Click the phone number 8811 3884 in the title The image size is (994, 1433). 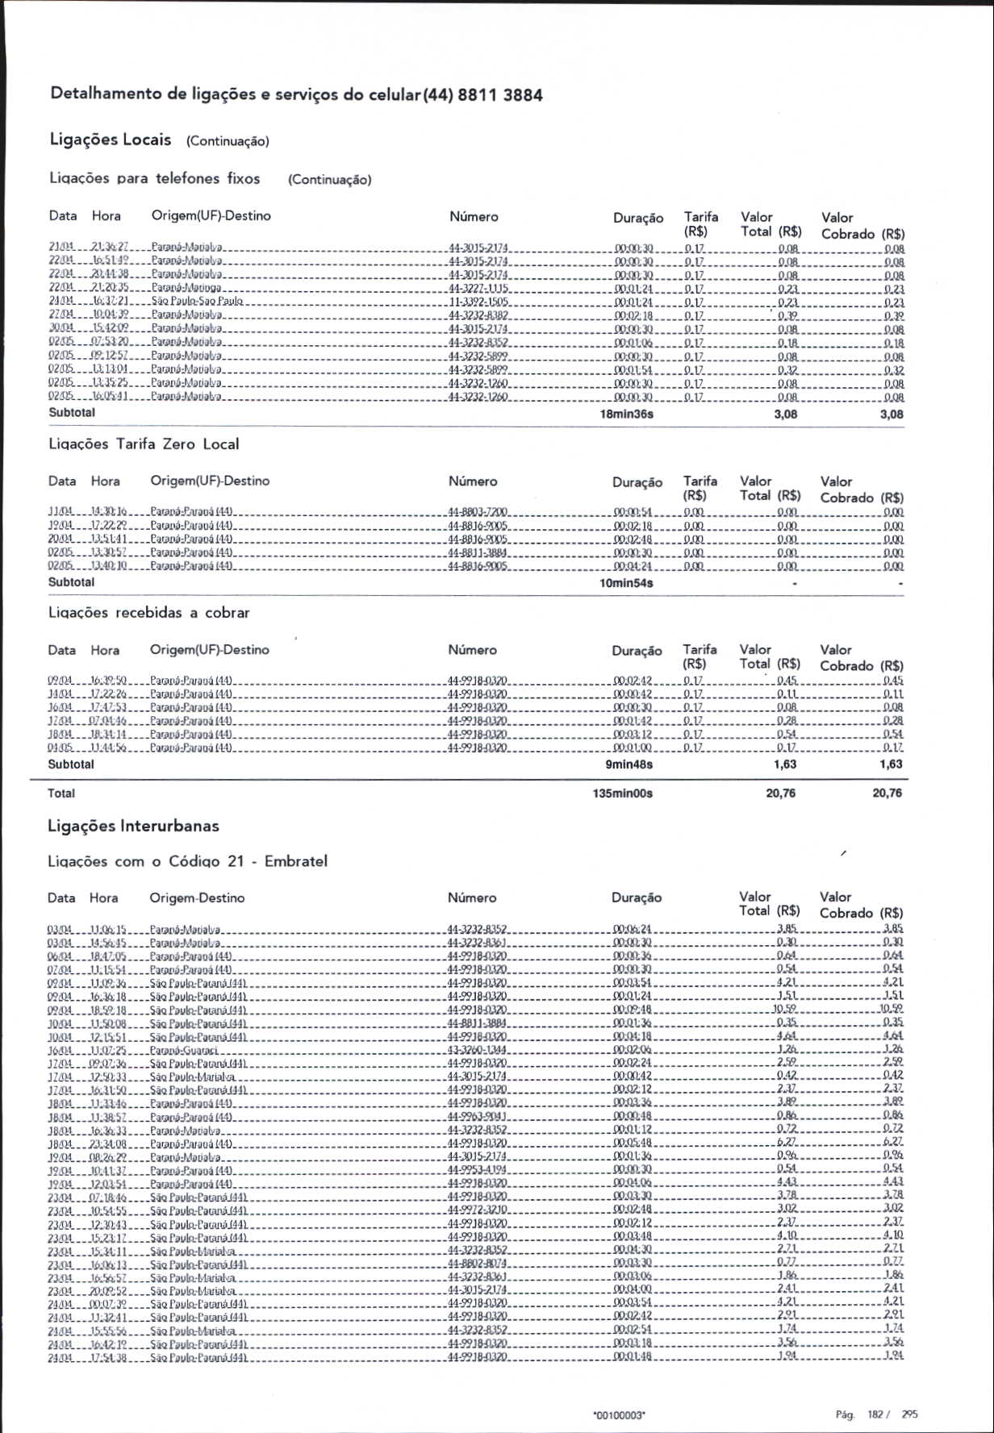(x=500, y=95)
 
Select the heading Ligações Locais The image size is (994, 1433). (x=111, y=140)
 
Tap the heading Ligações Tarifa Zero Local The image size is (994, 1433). (x=144, y=444)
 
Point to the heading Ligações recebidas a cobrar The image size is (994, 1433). (x=148, y=612)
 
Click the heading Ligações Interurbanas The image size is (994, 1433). (x=133, y=826)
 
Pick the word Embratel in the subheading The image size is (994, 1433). (x=296, y=860)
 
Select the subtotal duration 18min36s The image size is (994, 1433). (x=626, y=414)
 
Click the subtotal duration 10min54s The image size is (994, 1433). (x=626, y=582)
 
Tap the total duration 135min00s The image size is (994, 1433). (x=622, y=793)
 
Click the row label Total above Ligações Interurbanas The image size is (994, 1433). (x=61, y=793)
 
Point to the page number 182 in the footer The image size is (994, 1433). (x=875, y=1414)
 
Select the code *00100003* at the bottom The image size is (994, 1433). (x=619, y=1414)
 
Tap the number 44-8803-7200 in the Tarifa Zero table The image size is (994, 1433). (x=477, y=512)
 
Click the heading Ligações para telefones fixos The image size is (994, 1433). (x=154, y=178)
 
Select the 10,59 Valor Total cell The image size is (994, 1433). (x=784, y=1009)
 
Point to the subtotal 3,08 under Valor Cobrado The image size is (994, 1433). (x=892, y=414)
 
